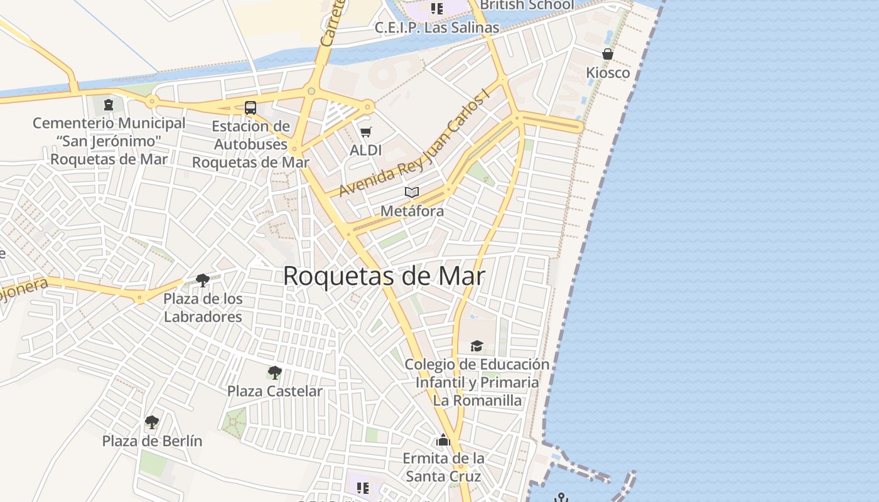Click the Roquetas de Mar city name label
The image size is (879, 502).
pos(384,276)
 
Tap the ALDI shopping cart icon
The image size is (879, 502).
pos(366,132)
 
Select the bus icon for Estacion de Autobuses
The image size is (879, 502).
pos(251,107)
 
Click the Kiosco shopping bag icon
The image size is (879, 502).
pos(608,54)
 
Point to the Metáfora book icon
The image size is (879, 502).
pos(412,192)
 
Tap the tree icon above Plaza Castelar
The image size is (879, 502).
pos(274,373)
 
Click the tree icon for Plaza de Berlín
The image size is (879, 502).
pos(152,422)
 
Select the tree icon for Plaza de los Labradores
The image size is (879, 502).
pos(202,280)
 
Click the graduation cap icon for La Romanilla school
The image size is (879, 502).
pos(477,346)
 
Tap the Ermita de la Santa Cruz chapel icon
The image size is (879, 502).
pos(443,441)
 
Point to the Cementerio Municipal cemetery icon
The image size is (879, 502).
pos(109,104)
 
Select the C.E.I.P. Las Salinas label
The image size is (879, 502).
pos(437,28)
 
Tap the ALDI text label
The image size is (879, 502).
pos(366,151)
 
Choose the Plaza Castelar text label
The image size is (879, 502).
pos(274,391)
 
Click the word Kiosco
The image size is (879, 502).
pos(608,73)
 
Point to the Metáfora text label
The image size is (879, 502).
pos(412,211)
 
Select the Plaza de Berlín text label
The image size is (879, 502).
pos(152,441)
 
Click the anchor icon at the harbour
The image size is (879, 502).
pos(561,498)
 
